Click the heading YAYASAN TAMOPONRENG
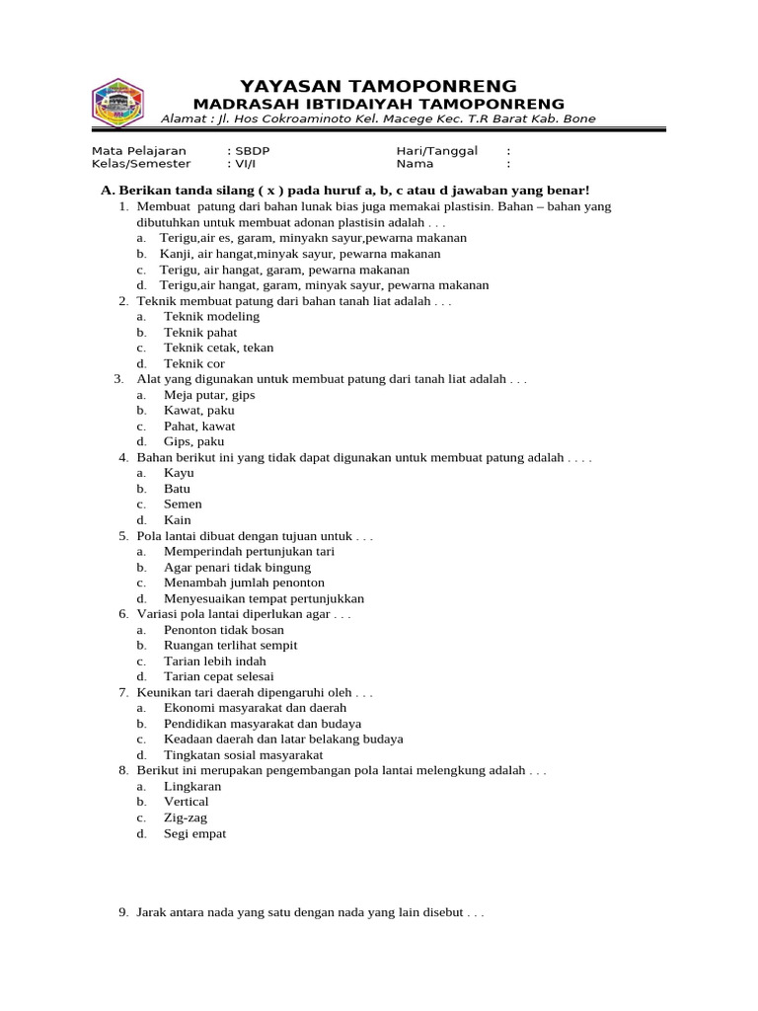tap(378, 86)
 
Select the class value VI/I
tap(244, 165)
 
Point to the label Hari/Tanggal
tap(436, 151)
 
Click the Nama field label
tap(415, 165)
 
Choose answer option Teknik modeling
tap(211, 317)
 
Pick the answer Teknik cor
tap(194, 363)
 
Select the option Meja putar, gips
tap(209, 395)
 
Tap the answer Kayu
tap(179, 473)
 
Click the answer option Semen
tap(183, 505)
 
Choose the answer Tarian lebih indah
tap(214, 661)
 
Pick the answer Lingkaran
tap(192, 787)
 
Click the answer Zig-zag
tap(186, 818)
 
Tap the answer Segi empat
tap(194, 834)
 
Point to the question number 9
tap(123, 913)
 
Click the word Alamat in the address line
tap(183, 119)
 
